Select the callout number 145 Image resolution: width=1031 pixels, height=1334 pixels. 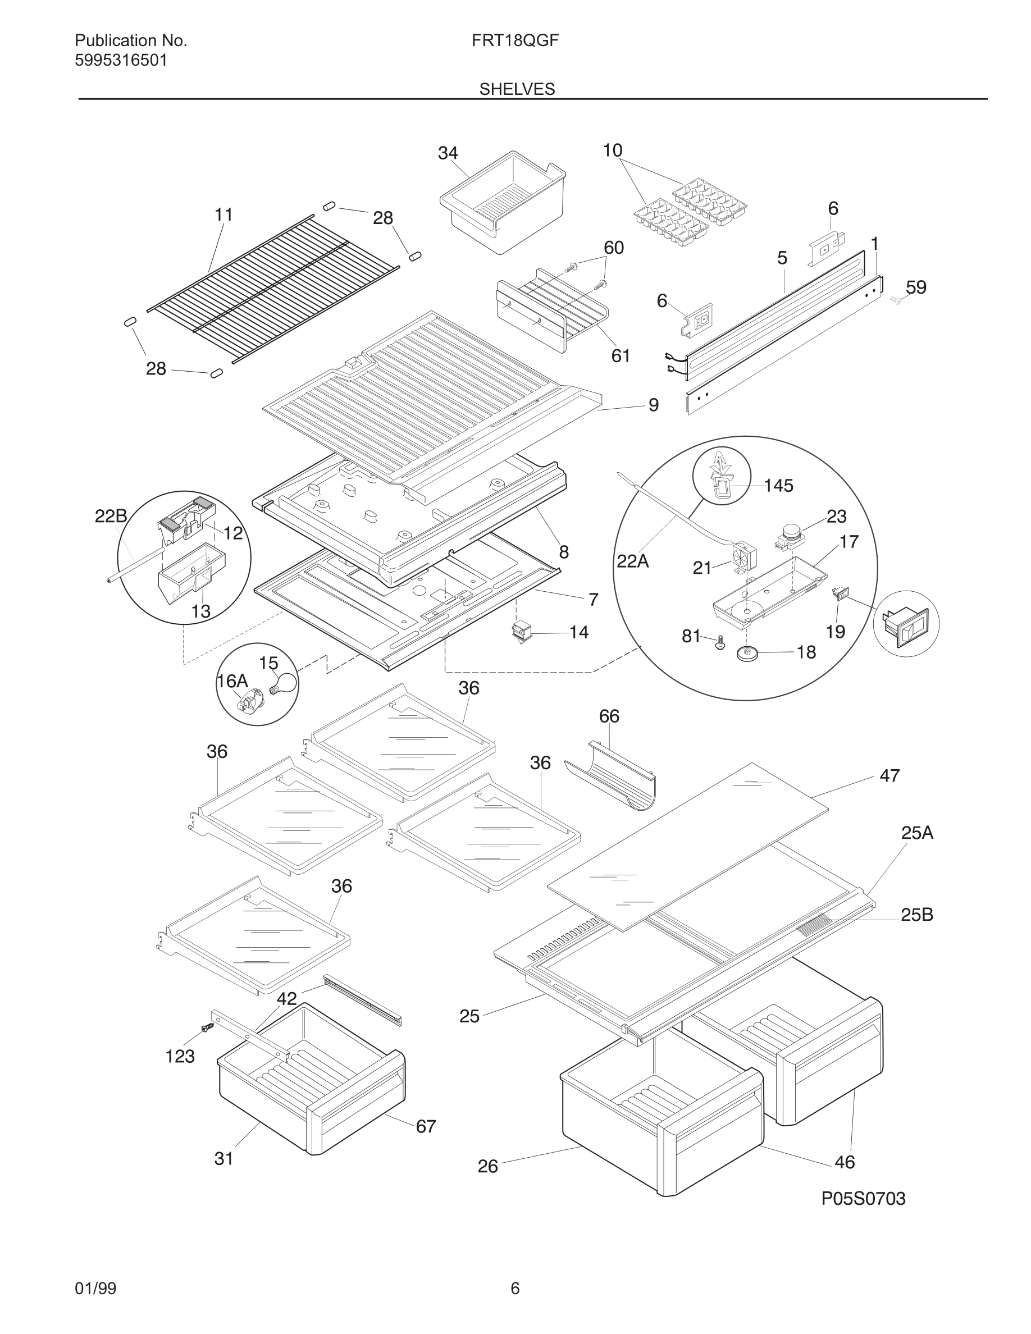(778, 486)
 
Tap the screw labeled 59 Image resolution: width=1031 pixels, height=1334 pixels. (896, 300)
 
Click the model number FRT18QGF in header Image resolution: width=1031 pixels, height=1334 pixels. (515, 40)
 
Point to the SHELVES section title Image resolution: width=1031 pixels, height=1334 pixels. (517, 89)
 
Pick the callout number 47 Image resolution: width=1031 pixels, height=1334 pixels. (889, 775)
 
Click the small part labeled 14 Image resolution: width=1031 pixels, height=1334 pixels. (522, 632)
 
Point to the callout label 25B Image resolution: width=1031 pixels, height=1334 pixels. (916, 915)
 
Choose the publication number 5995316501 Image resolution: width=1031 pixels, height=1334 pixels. (121, 61)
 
